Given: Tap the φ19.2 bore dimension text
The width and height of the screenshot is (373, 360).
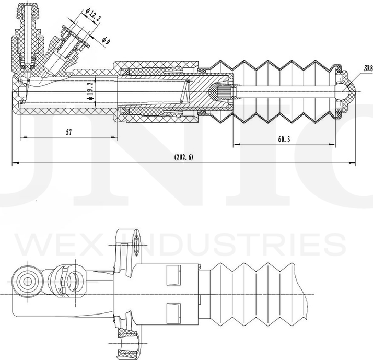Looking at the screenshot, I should point(90,91).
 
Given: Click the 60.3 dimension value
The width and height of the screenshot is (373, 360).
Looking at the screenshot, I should point(284,140).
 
